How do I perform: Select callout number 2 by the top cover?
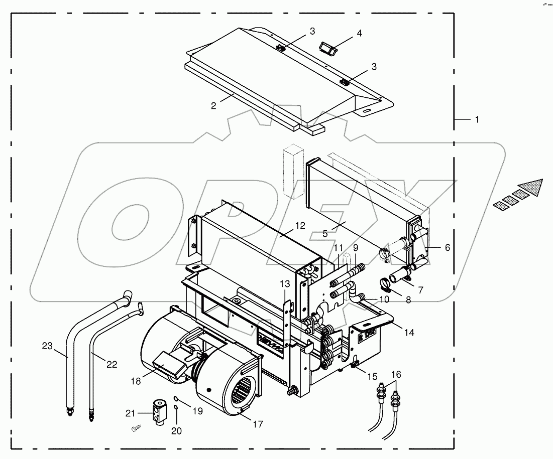[213, 106]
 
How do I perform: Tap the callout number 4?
[359, 34]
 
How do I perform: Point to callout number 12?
[300, 226]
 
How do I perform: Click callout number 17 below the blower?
[257, 424]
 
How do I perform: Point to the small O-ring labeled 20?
[176, 407]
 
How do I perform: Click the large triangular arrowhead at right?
[533, 187]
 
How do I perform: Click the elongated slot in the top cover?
[368, 110]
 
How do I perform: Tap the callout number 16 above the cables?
[396, 374]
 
